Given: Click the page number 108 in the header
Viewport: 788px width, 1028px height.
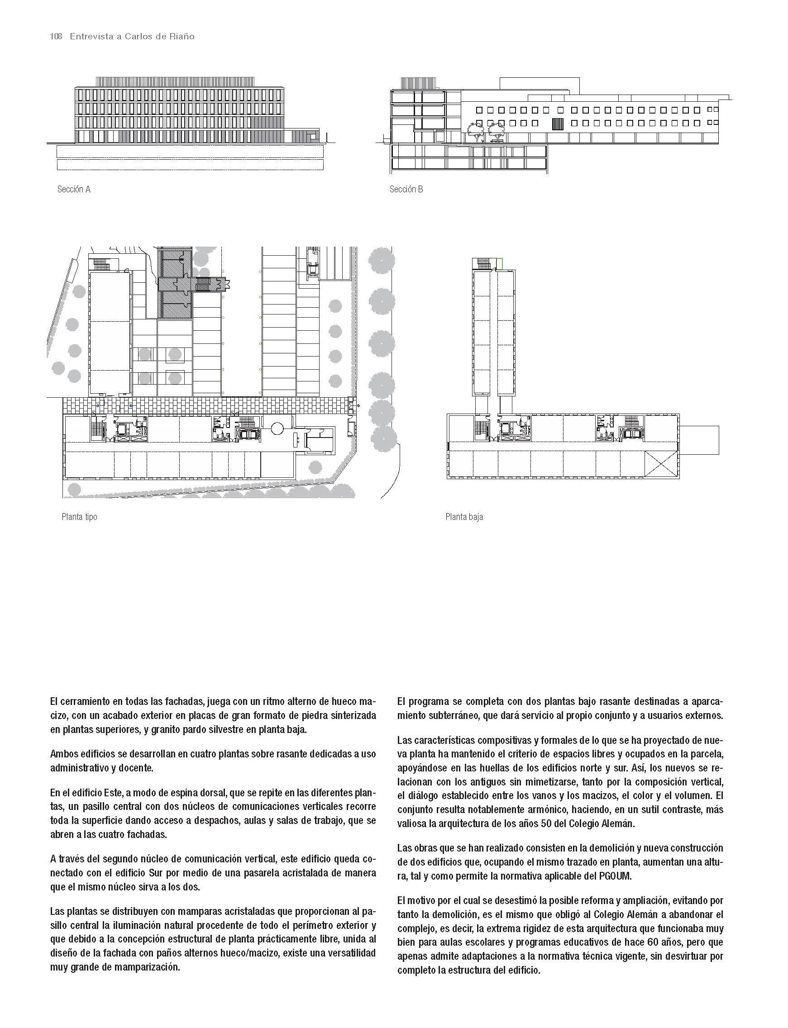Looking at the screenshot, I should coord(56,37).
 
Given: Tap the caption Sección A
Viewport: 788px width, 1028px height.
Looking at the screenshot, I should coord(74,190).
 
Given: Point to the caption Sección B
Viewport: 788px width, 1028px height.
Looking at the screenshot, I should coord(406,190).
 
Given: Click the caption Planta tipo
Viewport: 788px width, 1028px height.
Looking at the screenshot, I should coord(79,517).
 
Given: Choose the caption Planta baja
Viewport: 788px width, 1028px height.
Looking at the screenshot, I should coord(464,517).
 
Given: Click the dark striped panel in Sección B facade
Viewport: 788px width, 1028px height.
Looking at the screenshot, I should coord(557,124).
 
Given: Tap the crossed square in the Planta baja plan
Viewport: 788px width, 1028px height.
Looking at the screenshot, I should coord(661,464).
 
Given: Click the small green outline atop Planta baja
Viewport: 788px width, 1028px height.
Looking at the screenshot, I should coord(499,263).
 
